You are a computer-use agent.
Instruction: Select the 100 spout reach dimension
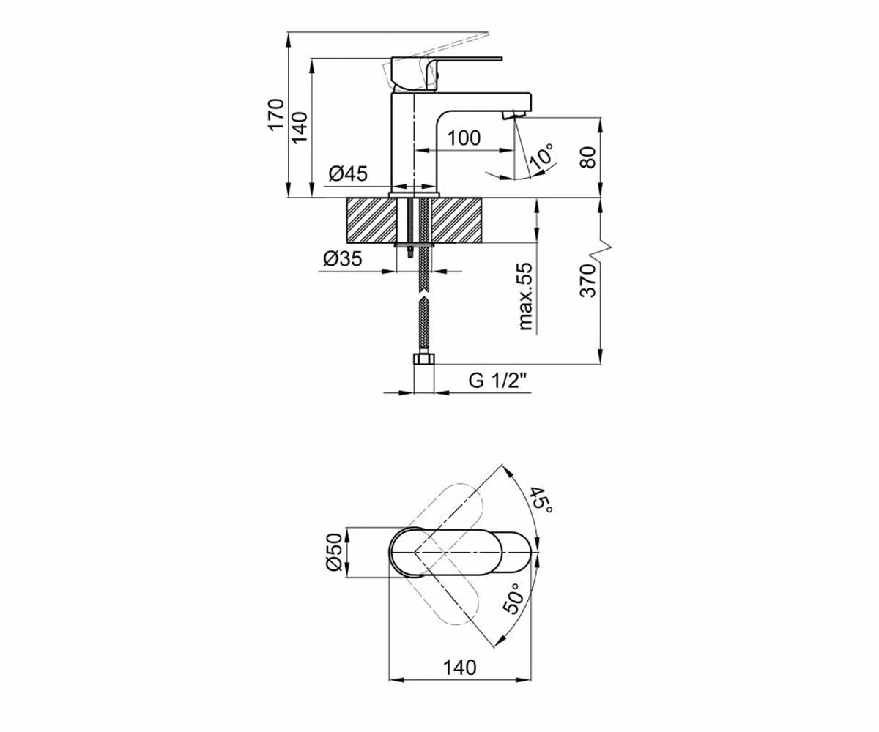(x=464, y=138)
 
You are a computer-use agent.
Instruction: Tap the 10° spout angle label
(x=542, y=157)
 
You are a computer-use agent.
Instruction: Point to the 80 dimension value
(x=588, y=157)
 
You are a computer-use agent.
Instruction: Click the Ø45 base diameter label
(x=348, y=173)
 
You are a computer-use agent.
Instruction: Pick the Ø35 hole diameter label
(x=342, y=258)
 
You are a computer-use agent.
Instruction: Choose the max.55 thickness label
(x=525, y=296)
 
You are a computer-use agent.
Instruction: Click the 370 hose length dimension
(x=588, y=281)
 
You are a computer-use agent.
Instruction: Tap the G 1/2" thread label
(x=497, y=381)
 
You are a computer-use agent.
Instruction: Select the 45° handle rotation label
(x=541, y=501)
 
